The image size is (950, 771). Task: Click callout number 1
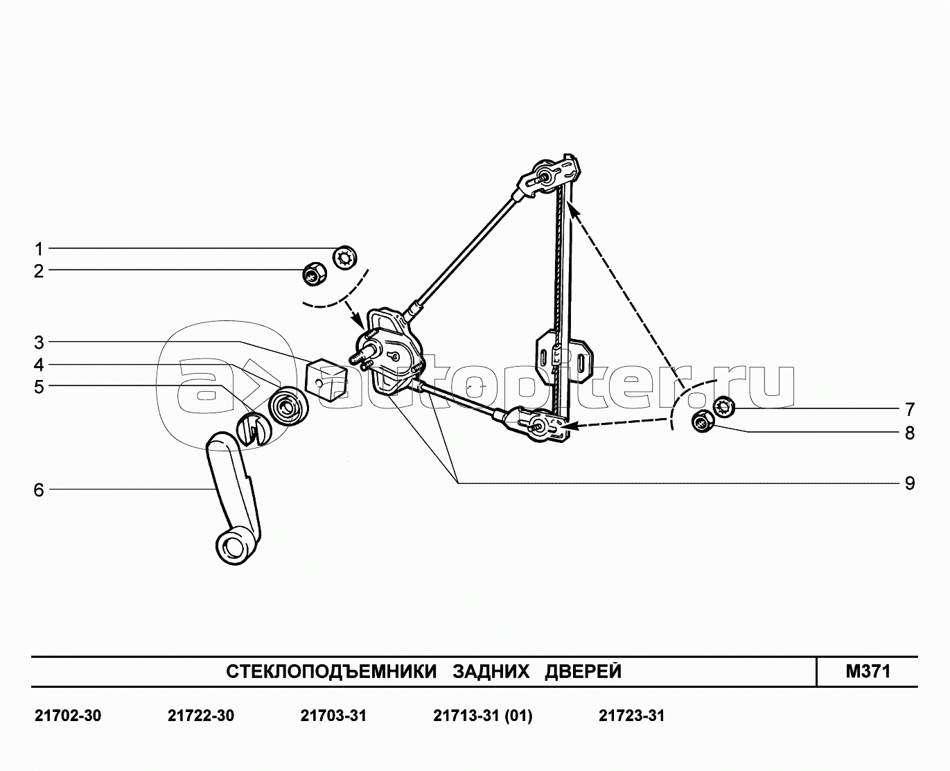point(39,249)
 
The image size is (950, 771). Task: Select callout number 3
point(39,343)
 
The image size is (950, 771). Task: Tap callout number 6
point(39,490)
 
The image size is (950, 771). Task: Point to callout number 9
point(909,483)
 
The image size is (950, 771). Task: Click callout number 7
point(909,408)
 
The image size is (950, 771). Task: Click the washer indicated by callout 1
point(344,258)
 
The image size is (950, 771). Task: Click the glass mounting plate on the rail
point(565,357)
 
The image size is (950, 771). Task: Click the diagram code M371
point(867,671)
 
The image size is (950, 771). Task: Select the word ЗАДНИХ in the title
point(491,671)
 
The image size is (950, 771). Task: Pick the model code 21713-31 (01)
point(482,716)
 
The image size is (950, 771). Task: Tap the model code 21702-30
point(67,716)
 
